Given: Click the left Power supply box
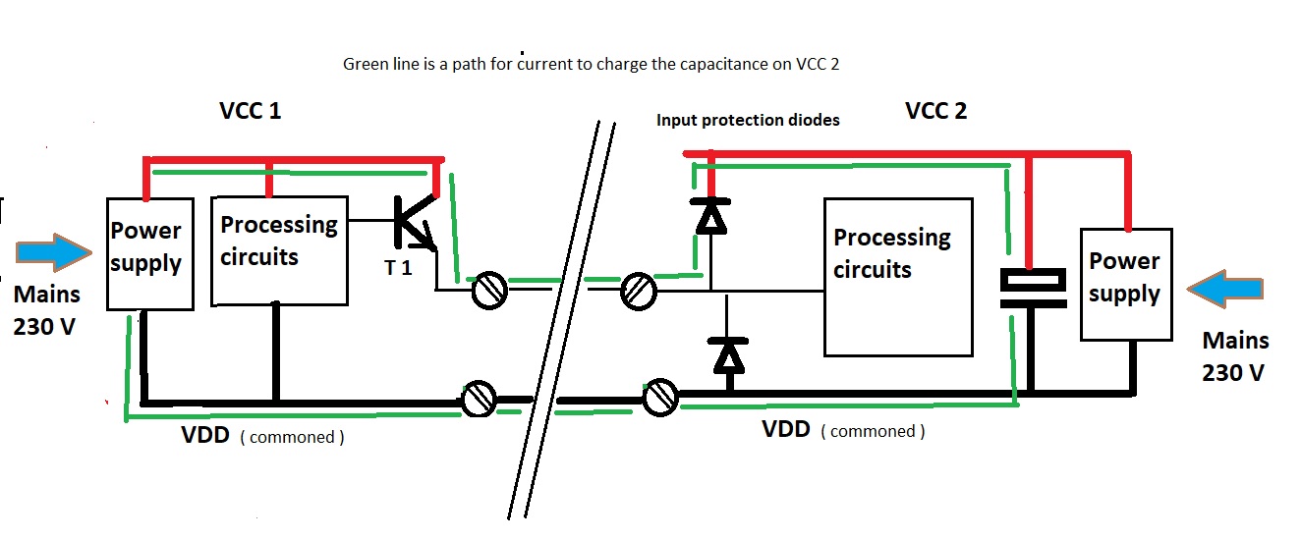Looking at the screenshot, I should (148, 253).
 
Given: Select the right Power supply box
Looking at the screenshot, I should (1125, 285).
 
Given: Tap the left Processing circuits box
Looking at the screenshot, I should (280, 249).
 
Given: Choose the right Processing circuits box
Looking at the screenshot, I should (898, 277).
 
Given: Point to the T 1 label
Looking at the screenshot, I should (398, 267).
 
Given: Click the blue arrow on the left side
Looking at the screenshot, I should (58, 251).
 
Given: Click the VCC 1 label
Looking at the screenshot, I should (250, 110).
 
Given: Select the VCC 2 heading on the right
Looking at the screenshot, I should (935, 111).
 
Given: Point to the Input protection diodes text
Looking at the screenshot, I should (748, 120).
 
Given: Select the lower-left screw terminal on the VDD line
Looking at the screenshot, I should (479, 400).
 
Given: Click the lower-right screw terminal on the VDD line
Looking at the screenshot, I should (660, 397).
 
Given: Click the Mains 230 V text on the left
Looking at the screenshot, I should (47, 310).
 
